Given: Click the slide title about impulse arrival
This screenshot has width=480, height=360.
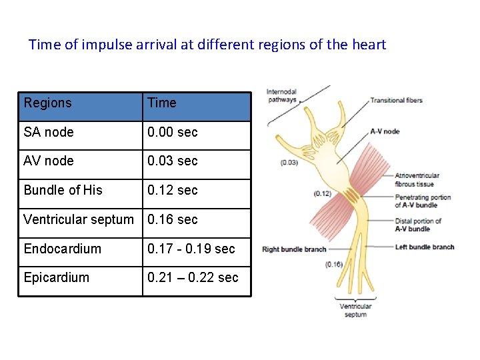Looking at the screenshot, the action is click(207, 45).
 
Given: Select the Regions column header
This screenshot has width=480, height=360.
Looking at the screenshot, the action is click(47, 103).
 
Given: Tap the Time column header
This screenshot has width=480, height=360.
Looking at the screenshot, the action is click(162, 103).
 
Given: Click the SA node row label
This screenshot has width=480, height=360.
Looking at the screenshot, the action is click(49, 132).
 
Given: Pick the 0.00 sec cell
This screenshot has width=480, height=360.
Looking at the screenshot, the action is click(173, 132).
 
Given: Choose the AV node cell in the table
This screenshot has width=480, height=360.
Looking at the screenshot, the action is click(49, 161).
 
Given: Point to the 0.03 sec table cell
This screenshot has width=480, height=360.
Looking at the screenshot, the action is click(173, 161).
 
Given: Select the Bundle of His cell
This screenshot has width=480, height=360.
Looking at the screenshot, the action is click(63, 190).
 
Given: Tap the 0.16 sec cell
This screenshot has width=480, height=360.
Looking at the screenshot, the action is click(173, 219).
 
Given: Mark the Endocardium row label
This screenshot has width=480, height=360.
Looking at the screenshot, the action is click(63, 249).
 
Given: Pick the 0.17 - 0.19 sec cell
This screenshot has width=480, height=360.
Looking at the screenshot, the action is click(191, 249).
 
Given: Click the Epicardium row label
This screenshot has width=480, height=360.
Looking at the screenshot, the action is click(57, 277).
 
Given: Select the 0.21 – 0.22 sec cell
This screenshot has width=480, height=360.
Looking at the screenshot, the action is click(193, 277).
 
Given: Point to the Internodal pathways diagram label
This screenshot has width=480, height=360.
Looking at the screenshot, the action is click(282, 96).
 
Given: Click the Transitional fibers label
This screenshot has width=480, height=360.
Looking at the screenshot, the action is click(397, 101).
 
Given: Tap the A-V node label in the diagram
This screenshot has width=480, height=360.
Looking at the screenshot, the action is click(385, 131).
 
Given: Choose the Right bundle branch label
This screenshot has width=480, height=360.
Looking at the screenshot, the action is click(294, 249).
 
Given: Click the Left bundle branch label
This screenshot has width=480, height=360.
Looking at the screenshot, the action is click(425, 247).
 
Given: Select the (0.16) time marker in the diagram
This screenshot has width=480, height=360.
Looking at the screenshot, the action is click(334, 265).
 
